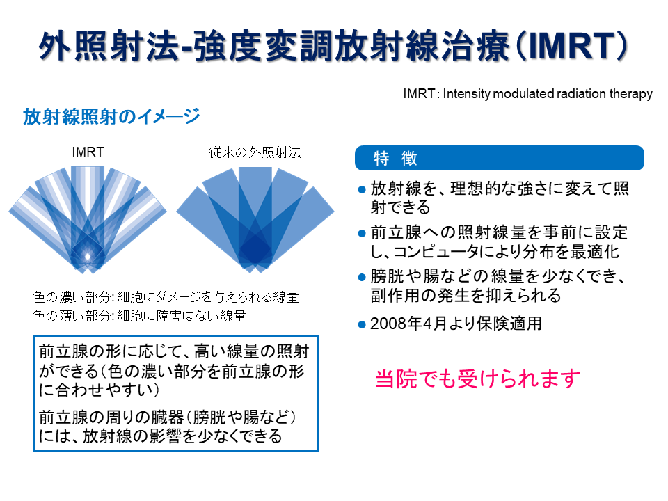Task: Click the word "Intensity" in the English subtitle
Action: (x=467, y=94)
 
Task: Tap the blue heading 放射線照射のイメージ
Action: (x=111, y=116)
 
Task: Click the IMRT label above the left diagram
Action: (x=88, y=152)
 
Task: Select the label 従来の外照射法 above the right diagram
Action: (x=255, y=152)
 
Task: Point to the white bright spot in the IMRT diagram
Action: (x=88, y=257)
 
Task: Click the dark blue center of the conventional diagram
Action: (x=255, y=249)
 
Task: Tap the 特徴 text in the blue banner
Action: (x=395, y=158)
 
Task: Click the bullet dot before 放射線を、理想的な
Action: (x=362, y=189)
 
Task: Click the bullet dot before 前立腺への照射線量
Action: (x=362, y=234)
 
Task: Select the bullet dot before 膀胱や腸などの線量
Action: (x=362, y=278)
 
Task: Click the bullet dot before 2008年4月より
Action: (x=362, y=325)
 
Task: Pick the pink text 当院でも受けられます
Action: (x=477, y=379)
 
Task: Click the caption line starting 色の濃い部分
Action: (x=166, y=296)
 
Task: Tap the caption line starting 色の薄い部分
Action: (x=140, y=316)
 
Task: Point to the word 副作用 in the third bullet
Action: (x=395, y=295)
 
